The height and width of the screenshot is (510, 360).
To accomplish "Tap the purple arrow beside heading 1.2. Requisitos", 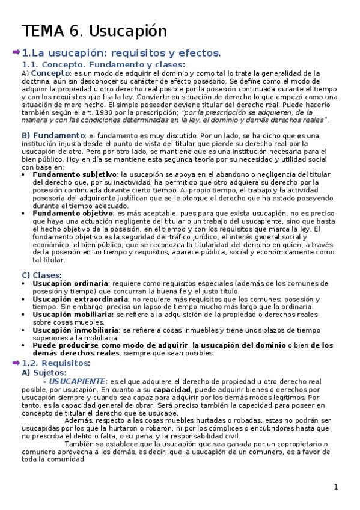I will (x=16, y=363).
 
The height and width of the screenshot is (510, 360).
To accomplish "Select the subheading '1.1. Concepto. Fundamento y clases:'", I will (x=103, y=64).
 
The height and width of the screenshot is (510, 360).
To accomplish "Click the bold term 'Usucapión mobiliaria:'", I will (x=73, y=314).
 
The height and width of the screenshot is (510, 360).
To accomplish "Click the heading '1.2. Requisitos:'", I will (x=56, y=363).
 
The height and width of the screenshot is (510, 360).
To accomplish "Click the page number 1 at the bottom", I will (x=337, y=487).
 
